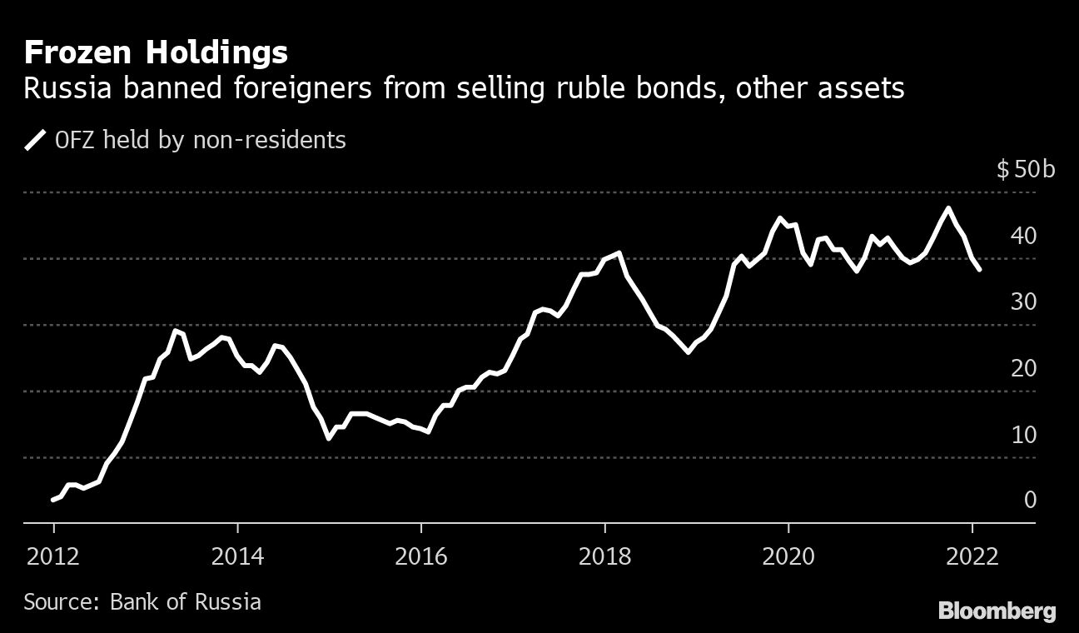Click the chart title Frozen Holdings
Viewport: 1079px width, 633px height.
click(156, 53)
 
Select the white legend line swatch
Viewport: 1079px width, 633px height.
click(36, 140)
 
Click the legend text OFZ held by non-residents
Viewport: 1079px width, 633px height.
click(200, 140)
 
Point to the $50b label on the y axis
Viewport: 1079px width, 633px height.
click(1025, 170)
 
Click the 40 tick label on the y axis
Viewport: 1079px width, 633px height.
click(1023, 236)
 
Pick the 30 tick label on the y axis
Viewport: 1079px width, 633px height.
click(1023, 302)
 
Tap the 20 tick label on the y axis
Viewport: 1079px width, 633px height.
click(1023, 368)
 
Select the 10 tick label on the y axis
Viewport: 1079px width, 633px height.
click(1023, 434)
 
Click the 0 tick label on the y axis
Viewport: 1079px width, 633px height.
click(1030, 500)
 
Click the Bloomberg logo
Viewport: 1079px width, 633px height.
click(997, 611)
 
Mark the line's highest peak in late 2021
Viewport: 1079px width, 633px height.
click(947, 208)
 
